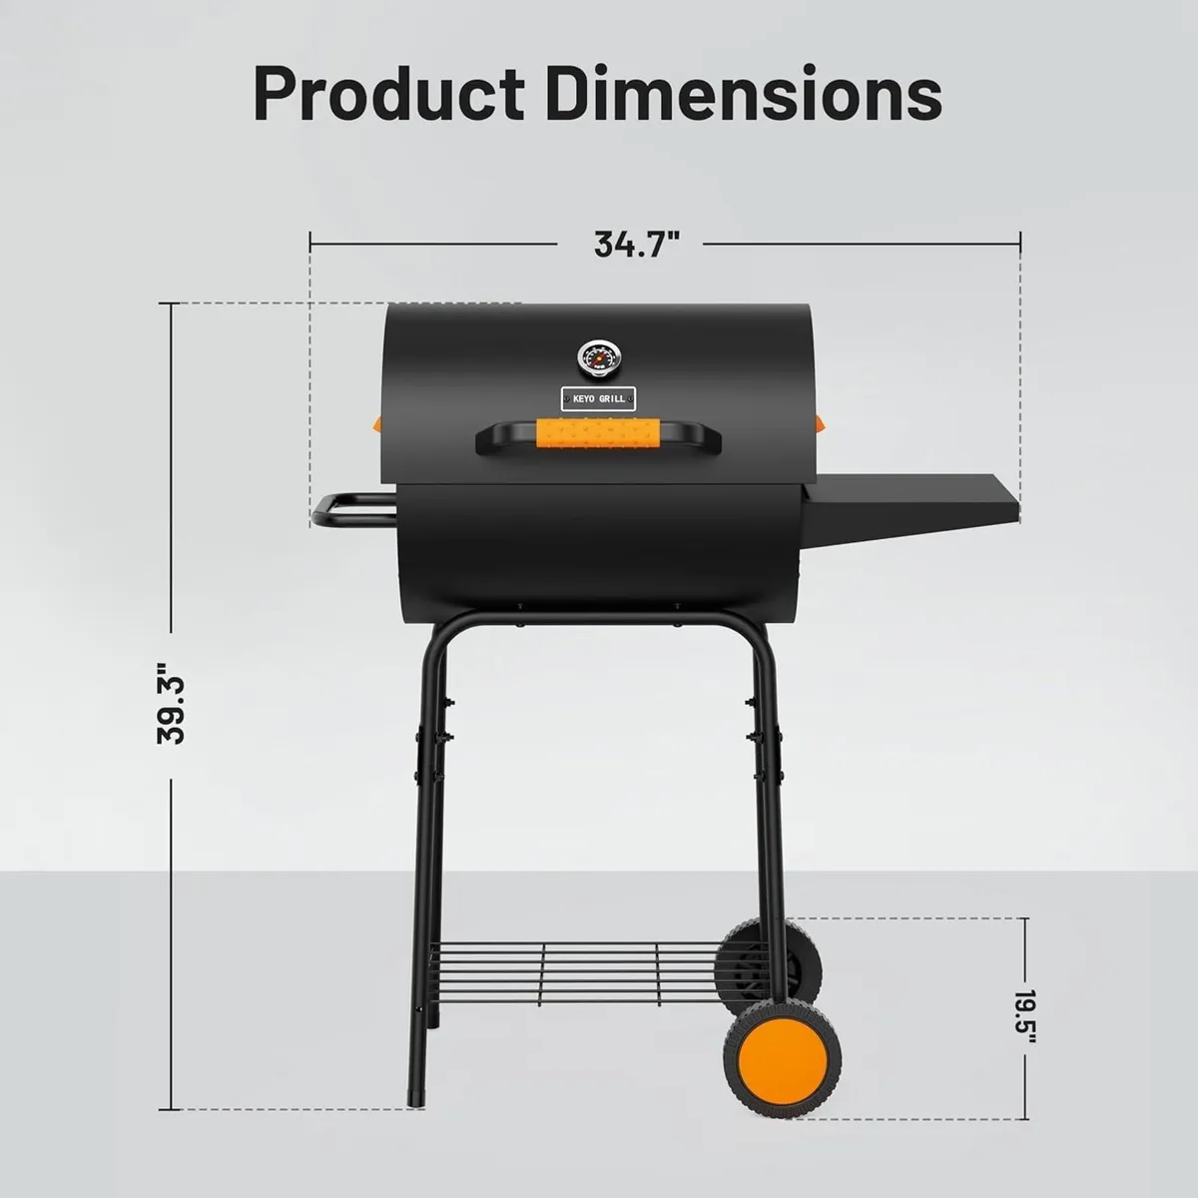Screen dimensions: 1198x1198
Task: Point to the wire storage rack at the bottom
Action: pyautogui.click(x=579, y=963)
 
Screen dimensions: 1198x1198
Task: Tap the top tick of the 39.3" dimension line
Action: pyautogui.click(x=172, y=302)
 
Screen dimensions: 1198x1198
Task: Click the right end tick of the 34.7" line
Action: pyautogui.click(x=1020, y=240)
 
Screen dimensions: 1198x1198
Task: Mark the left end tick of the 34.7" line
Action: pyautogui.click(x=310, y=240)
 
